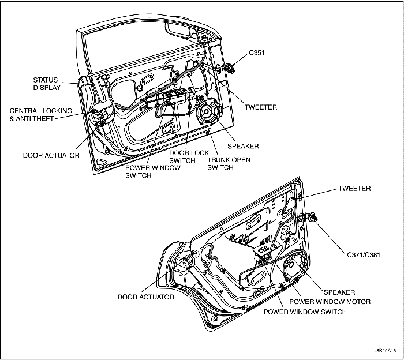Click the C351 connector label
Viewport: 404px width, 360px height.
click(x=257, y=52)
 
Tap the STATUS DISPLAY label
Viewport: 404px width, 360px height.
click(x=46, y=84)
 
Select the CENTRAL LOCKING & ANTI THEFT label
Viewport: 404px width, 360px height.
click(x=40, y=114)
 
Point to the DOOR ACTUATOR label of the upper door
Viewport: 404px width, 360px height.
click(x=51, y=155)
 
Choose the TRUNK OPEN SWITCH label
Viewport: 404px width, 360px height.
click(x=229, y=163)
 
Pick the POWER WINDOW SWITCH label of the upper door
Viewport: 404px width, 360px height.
click(x=153, y=171)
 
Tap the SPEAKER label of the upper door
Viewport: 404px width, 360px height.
click(x=243, y=146)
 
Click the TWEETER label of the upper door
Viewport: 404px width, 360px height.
click(x=261, y=107)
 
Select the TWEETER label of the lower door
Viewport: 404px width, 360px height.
click(x=354, y=189)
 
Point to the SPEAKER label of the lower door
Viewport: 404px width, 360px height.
click(x=339, y=292)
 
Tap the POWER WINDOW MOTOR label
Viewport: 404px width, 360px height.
click(x=330, y=302)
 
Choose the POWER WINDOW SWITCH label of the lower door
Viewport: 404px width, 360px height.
click(x=305, y=312)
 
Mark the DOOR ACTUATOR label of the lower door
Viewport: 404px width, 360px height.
click(x=145, y=297)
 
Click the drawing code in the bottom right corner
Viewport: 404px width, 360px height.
click(x=383, y=350)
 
